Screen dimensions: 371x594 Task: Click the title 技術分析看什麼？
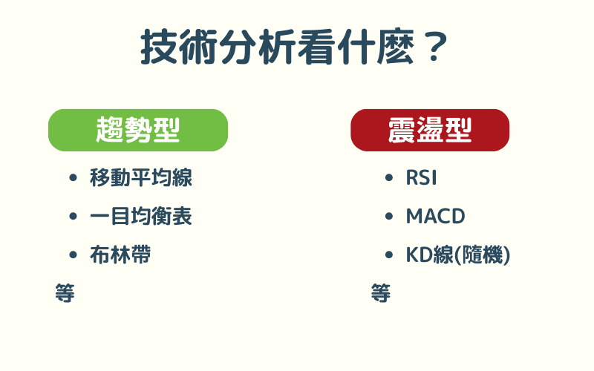point(296,47)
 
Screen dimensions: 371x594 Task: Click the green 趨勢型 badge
point(138,130)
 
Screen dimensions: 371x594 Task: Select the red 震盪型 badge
point(430,130)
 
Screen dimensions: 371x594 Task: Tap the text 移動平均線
point(141,178)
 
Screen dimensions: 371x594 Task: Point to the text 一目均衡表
point(141,217)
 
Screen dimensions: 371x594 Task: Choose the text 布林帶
point(120,255)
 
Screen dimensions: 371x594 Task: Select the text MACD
point(435,217)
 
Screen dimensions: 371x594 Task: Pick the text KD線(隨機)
point(458,255)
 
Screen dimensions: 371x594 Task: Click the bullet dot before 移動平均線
point(73,178)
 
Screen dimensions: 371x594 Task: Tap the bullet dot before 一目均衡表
point(73,217)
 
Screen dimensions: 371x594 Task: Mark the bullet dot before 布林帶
point(73,255)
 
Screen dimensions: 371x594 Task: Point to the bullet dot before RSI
point(389,178)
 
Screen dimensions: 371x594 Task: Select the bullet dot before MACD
point(389,217)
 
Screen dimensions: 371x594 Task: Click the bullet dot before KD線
point(389,255)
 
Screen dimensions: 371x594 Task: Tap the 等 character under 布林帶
point(65,292)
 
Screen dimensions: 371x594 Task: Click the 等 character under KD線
point(380,292)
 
